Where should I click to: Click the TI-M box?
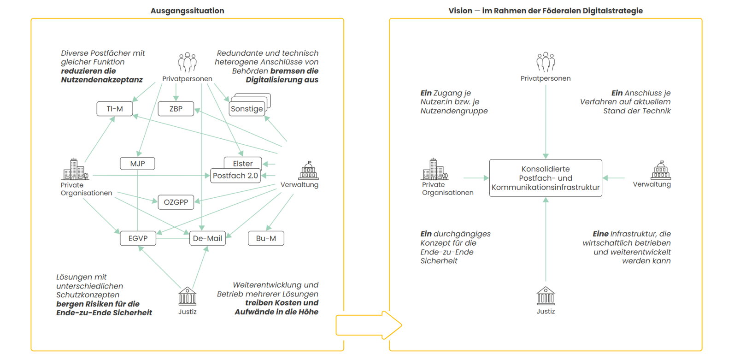tap(115, 109)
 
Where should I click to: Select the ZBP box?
tap(176, 109)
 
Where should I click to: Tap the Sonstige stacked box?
tap(247, 109)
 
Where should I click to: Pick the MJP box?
tap(137, 164)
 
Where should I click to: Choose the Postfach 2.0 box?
tap(235, 176)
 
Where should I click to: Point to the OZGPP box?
tap(176, 202)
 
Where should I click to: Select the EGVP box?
tap(138, 238)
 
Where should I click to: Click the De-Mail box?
tap(207, 238)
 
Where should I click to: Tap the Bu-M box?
tap(266, 238)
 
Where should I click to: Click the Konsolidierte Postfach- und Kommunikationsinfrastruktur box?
tap(546, 178)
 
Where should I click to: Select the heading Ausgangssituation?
tap(187, 11)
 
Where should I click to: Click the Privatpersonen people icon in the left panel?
tap(188, 62)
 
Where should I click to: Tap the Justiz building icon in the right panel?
tap(546, 296)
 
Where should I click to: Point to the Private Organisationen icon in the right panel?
tap(434, 170)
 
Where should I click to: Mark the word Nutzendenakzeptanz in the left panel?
tap(102, 80)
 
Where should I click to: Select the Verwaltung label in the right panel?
tap(652, 184)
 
